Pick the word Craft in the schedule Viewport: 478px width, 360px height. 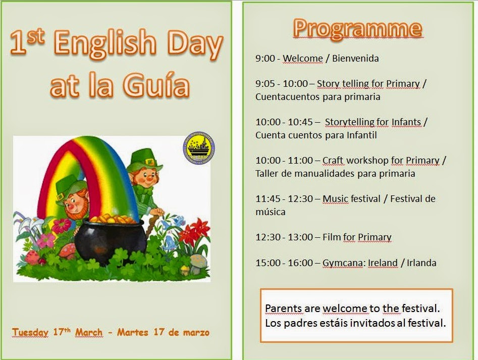point(333,161)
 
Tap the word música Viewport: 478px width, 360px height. point(270,212)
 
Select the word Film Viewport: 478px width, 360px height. point(332,237)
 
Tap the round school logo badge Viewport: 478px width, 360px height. point(198,147)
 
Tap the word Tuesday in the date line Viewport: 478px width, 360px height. point(30,332)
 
